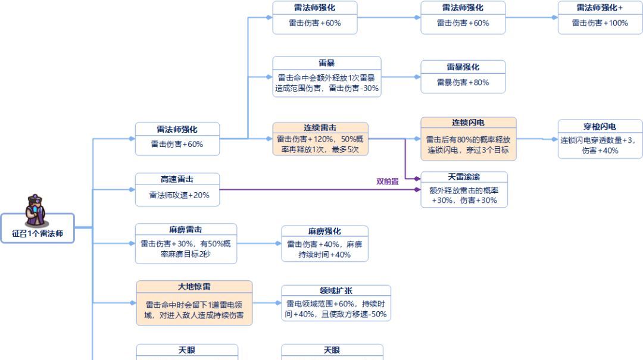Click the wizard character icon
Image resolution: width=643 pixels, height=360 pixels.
click(x=37, y=209)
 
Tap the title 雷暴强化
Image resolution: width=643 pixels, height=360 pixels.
click(x=463, y=67)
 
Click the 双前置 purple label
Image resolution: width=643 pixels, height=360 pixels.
click(x=388, y=181)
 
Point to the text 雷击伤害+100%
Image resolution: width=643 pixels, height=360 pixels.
click(x=600, y=23)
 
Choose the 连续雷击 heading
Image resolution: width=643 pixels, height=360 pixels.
click(x=320, y=128)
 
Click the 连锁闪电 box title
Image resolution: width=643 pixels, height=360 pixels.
click(x=468, y=123)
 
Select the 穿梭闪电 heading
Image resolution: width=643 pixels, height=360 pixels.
click(x=600, y=127)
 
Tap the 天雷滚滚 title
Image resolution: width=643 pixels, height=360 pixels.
click(x=464, y=177)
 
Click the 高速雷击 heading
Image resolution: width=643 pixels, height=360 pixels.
click(x=177, y=179)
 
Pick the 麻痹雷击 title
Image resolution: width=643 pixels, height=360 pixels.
click(x=185, y=230)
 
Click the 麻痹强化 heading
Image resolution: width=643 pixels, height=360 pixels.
click(x=324, y=231)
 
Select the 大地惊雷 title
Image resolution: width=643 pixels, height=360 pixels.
click(x=194, y=287)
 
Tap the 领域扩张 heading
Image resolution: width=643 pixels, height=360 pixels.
click(x=336, y=291)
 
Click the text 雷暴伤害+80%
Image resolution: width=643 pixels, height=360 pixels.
click(x=463, y=83)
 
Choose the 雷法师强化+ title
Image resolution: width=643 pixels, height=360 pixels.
click(x=600, y=8)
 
